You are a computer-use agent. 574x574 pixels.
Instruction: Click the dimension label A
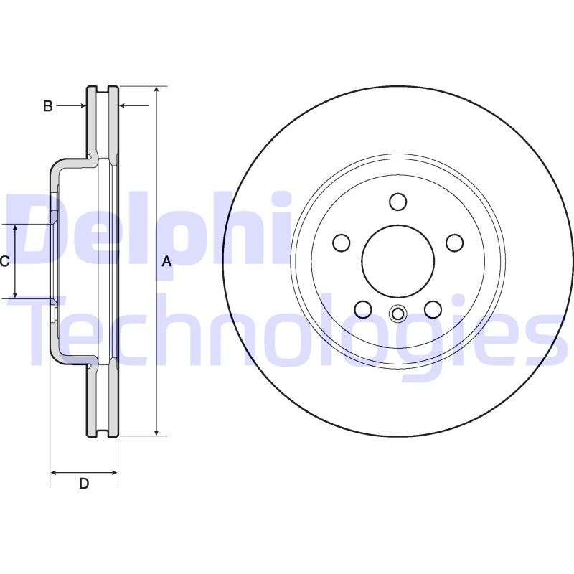pos(166,262)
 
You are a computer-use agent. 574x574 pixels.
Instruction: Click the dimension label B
pos(48,106)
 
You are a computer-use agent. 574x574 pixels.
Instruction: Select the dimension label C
pos(4,261)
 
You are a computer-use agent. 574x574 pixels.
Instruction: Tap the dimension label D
pos(84,484)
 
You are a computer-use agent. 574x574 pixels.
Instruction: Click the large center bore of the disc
pos(398,261)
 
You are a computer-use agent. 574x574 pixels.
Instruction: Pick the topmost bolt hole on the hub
pos(398,202)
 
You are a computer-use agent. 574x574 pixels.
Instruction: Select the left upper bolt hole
pos(342,243)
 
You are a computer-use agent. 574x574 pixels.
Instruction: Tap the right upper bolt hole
pos(455,243)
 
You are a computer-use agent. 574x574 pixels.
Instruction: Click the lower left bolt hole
pos(363,309)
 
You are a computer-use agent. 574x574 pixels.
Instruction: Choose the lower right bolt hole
pos(433,309)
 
